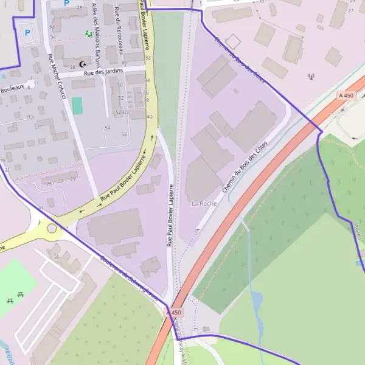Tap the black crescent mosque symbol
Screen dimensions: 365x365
83,64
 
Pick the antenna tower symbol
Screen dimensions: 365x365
311,77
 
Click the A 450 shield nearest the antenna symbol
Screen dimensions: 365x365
346,96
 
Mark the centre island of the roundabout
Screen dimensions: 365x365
52,229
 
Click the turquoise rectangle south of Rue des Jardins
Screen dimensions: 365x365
77,105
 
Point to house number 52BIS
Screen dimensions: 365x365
122,113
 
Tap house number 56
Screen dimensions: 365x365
124,134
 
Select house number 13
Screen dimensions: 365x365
31,117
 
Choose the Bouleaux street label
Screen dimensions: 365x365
12,88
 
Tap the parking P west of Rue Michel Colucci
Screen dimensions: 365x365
26,32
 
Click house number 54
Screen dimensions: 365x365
108,128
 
